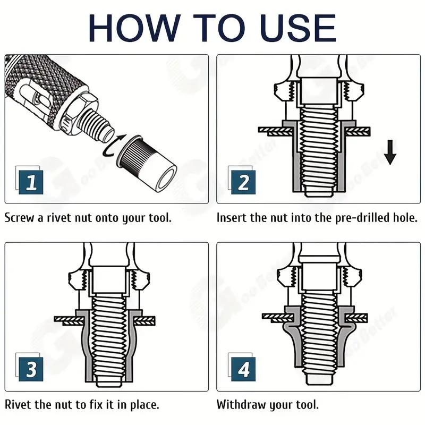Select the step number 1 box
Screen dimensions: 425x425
(31, 182)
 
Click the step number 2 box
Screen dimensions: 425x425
(243, 182)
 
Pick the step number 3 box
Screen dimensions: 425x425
(31, 370)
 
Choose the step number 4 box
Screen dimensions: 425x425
(243, 370)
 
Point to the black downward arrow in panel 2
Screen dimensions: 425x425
(391, 152)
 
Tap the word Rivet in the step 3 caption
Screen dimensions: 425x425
(19, 405)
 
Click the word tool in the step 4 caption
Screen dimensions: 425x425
(305, 405)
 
